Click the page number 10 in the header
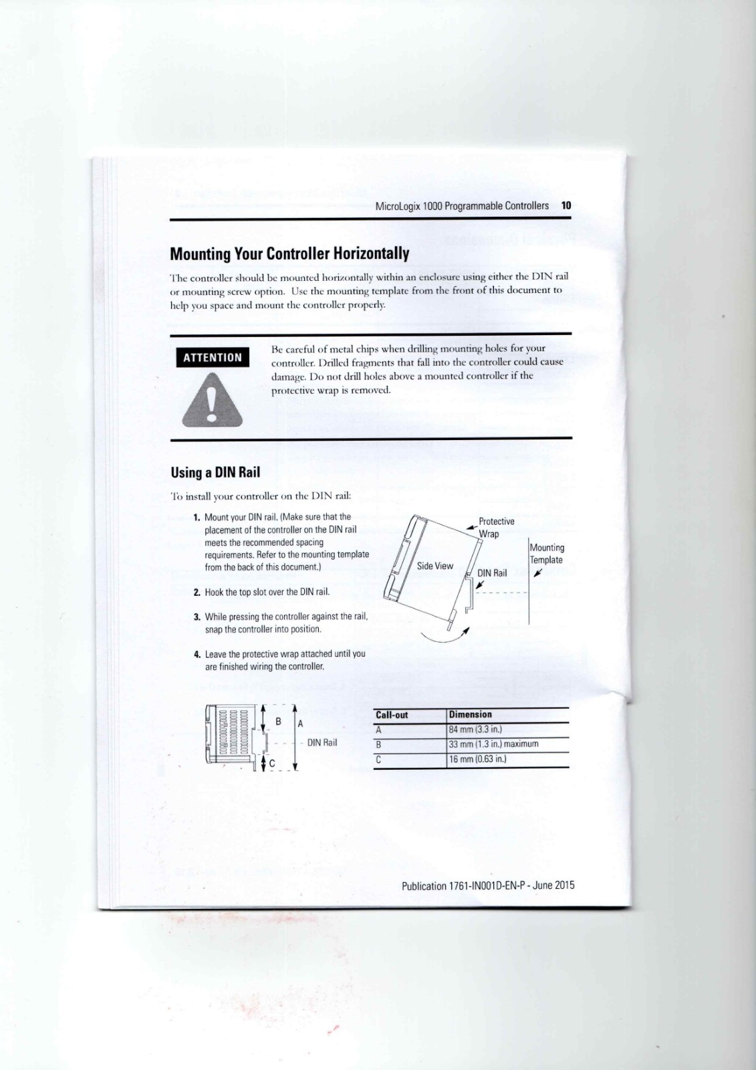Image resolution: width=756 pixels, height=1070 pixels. [x=566, y=206]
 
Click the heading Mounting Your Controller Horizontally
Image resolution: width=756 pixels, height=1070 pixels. [x=289, y=254]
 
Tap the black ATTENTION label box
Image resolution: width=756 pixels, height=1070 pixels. [x=213, y=357]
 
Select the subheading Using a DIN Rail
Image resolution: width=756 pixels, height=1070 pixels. [x=215, y=472]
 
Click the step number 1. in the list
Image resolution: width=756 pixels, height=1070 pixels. [x=197, y=518]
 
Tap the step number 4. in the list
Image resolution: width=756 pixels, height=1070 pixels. [x=197, y=654]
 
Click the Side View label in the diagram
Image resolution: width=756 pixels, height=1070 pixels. [x=435, y=566]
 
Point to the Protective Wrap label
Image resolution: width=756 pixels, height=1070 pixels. [x=495, y=527]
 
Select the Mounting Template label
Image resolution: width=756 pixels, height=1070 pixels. [x=547, y=554]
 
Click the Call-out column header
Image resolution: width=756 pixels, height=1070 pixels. [x=392, y=715]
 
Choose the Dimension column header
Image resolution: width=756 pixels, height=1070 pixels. [x=471, y=715]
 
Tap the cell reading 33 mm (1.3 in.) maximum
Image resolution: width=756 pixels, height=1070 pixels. [x=494, y=744]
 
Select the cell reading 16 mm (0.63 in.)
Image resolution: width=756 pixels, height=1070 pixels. [x=478, y=759]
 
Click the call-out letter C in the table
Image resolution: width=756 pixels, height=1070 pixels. [x=378, y=759]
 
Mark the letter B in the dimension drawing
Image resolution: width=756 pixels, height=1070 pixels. [x=278, y=722]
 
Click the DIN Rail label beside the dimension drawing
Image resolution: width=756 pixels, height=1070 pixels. [x=322, y=742]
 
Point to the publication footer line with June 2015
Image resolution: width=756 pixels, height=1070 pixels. [x=488, y=886]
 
